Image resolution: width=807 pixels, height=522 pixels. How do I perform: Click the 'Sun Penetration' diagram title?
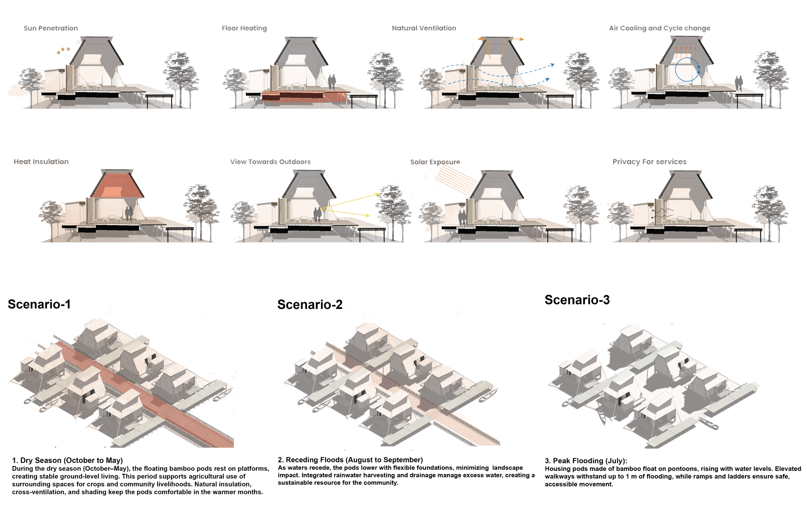[51, 28]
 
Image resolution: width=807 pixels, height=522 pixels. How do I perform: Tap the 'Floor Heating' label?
[244, 28]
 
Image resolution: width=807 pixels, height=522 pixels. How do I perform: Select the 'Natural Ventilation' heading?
[424, 28]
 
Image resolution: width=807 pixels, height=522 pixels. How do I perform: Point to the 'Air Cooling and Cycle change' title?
[659, 28]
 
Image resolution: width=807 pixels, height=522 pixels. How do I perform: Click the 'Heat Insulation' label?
[41, 162]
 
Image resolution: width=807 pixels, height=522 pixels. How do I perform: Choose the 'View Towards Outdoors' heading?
[270, 162]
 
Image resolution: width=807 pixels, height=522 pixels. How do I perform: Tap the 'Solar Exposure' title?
[435, 162]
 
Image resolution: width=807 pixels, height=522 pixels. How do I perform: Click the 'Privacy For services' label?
[649, 162]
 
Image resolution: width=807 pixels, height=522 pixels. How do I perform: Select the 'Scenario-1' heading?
[39, 304]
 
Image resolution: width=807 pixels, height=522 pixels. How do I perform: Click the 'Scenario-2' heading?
[310, 304]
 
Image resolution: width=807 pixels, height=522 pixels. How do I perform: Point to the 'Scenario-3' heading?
[577, 300]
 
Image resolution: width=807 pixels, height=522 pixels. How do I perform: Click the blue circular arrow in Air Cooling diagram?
[687, 69]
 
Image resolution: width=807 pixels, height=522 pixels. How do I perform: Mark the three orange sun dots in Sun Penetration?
[63, 50]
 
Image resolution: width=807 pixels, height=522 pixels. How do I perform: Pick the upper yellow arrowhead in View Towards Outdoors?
[377, 195]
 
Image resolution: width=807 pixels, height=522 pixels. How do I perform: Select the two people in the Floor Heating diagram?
[332, 82]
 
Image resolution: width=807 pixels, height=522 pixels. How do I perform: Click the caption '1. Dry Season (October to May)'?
[67, 460]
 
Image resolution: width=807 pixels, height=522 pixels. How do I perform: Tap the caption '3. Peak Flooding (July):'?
[586, 460]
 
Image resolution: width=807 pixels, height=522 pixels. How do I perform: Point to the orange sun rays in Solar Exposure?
[456, 180]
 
